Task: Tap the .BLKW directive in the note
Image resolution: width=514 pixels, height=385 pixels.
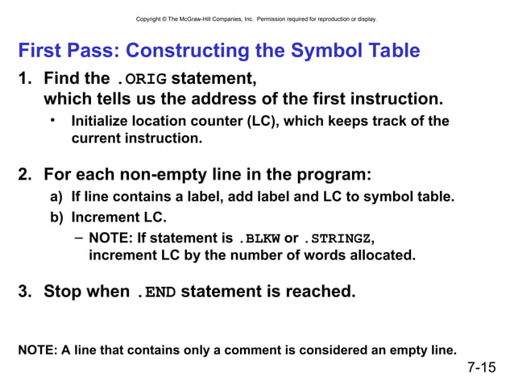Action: pyautogui.click(x=259, y=238)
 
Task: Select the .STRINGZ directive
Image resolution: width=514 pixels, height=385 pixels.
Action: pyautogui.click(x=338, y=238)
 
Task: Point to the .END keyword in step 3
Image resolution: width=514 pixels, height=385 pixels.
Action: pyautogui.click(x=155, y=292)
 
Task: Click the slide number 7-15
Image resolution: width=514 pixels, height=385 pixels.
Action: pyautogui.click(x=482, y=368)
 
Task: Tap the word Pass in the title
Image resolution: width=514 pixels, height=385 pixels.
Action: pyautogui.click(x=93, y=51)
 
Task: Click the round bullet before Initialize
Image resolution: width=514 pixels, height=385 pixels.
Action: pyautogui.click(x=52, y=121)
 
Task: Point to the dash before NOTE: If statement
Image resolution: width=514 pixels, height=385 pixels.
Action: pyautogui.click(x=77, y=238)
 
